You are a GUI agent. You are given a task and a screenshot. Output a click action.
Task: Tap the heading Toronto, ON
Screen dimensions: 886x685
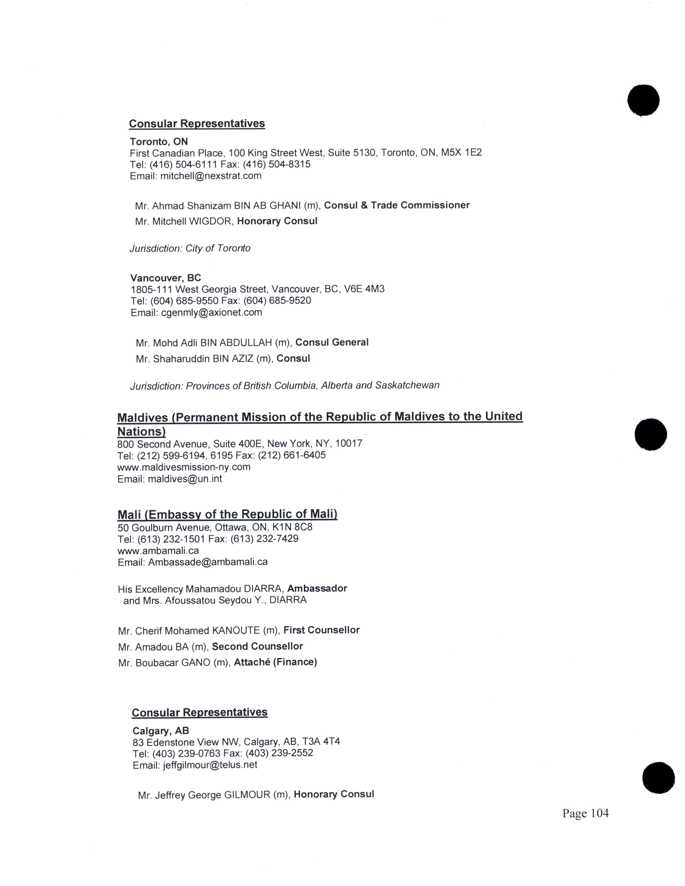click(159, 141)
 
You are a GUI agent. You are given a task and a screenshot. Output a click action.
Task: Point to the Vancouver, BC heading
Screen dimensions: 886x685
click(165, 278)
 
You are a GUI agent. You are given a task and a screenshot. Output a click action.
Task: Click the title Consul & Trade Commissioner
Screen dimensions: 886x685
click(396, 205)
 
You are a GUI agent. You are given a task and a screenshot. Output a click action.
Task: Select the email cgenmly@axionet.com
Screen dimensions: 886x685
click(211, 312)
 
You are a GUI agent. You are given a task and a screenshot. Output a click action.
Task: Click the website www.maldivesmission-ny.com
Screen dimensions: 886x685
click(184, 467)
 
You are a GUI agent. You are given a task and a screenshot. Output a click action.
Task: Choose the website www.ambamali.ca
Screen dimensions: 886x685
click(158, 550)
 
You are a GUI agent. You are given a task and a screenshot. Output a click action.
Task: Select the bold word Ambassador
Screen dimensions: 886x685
click(317, 588)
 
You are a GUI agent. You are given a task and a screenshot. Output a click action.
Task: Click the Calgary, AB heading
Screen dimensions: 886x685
click(161, 731)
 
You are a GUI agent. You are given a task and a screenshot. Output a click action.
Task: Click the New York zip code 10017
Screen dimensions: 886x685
click(349, 444)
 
